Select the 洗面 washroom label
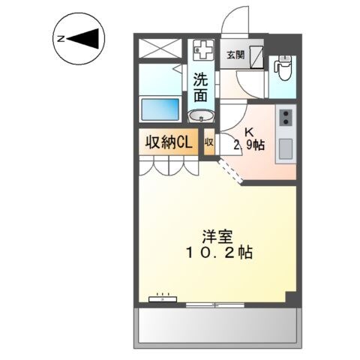(200, 86)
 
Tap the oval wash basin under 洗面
(201, 115)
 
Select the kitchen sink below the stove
(286, 149)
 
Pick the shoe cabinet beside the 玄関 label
(256, 56)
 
